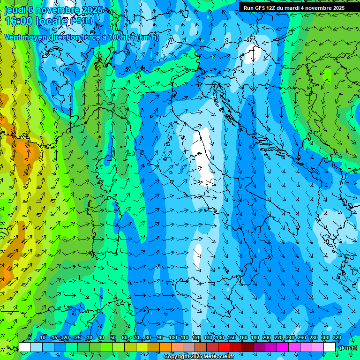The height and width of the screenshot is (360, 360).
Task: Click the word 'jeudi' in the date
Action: click(x=15, y=10)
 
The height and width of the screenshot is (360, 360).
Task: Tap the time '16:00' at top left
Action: click(x=20, y=21)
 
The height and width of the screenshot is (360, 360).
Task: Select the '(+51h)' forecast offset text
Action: click(x=82, y=21)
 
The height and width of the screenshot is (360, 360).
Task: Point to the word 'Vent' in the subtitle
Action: click(x=13, y=37)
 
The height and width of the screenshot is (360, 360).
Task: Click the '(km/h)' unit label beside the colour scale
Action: click(x=347, y=348)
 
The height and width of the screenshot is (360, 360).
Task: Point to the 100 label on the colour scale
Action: click(x=173, y=338)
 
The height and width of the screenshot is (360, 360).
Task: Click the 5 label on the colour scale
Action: click(x=30, y=338)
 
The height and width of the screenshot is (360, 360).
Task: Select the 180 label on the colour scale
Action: click(x=255, y=338)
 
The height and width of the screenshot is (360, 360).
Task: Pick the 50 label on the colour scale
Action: click(x=113, y=338)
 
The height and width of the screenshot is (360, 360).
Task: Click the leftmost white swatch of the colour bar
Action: click(x=25, y=347)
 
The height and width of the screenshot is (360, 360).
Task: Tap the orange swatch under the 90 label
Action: click(x=165, y=347)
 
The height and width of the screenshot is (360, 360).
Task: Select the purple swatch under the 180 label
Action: click(x=259, y=347)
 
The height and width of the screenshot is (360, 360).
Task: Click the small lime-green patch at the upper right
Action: click(x=327, y=74)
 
